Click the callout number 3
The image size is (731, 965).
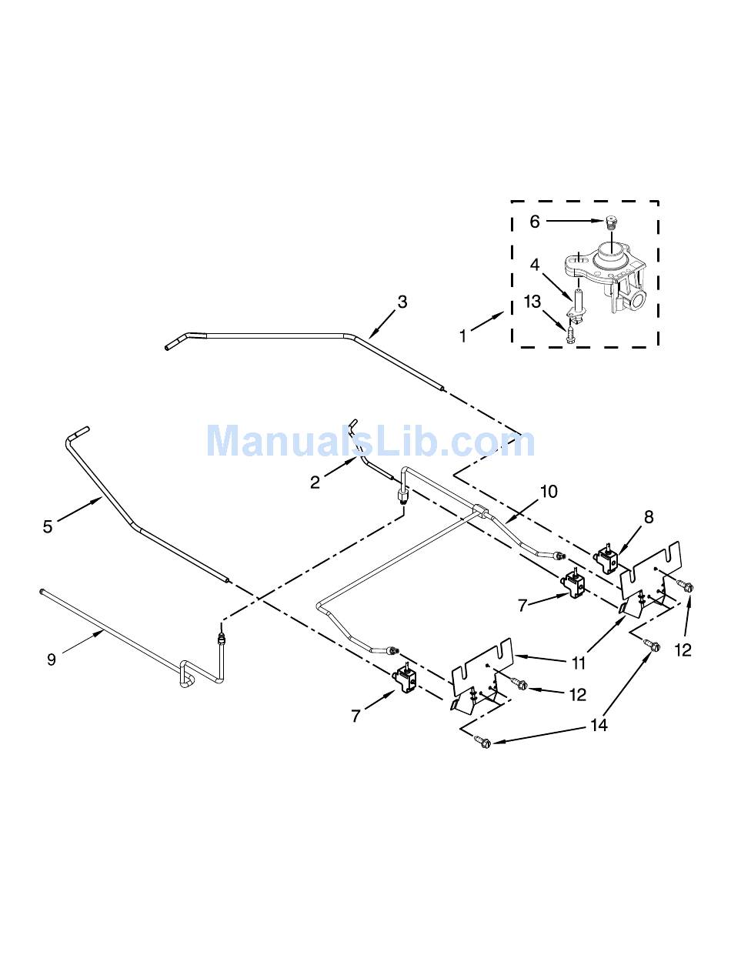click(402, 302)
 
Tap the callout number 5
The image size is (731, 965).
click(48, 526)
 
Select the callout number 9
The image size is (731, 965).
click(51, 659)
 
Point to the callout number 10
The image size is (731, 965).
click(549, 492)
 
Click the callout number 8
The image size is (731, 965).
click(649, 517)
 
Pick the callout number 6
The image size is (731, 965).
click(536, 221)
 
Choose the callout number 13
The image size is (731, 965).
click(532, 302)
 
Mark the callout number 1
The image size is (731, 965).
click(462, 336)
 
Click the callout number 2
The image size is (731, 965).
click(315, 482)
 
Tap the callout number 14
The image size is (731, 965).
click(599, 725)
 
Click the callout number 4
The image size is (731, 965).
click(533, 265)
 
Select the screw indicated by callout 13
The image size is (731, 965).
click(570, 335)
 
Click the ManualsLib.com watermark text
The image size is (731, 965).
click(370, 442)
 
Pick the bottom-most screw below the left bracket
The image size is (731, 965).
click(482, 742)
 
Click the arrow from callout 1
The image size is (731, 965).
click(488, 321)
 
